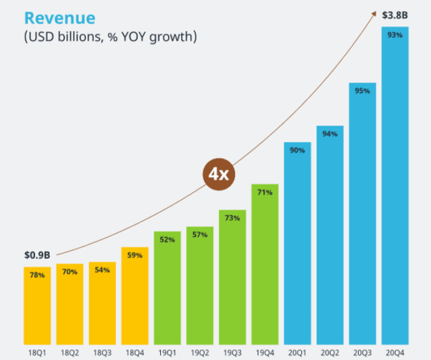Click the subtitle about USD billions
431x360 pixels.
tap(110, 36)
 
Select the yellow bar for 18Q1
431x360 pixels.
tap(37, 306)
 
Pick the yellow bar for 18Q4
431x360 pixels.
tap(135, 296)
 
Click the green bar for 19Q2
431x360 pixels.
tap(200, 286)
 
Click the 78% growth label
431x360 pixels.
tap(37, 275)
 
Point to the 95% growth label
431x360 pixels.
tap(362, 90)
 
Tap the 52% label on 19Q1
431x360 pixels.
tap(167, 239)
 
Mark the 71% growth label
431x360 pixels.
tap(265, 192)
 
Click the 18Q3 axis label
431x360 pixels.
tap(102, 352)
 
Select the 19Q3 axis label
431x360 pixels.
tap(232, 352)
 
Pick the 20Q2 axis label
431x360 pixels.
tap(330, 352)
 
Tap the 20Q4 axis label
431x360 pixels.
tap(395, 352)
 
